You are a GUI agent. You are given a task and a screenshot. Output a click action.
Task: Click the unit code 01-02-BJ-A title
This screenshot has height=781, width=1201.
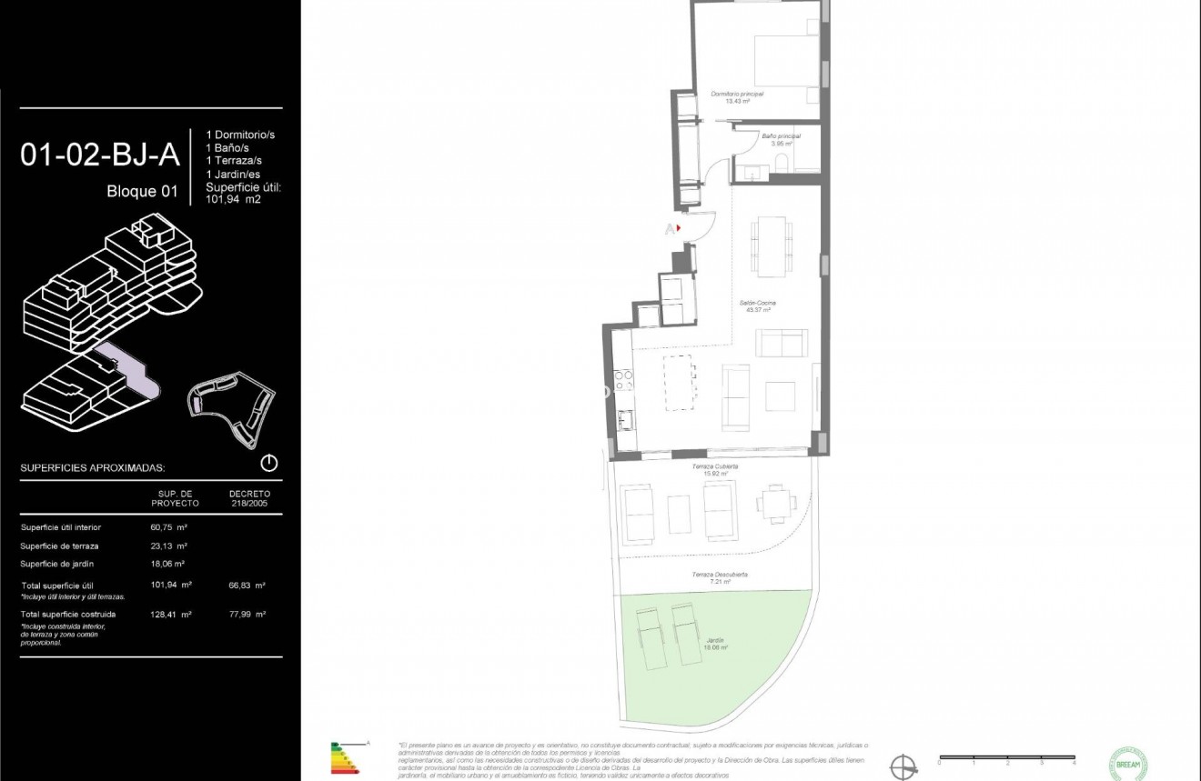click(x=100, y=155)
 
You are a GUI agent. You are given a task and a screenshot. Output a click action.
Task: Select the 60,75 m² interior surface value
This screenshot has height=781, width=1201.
click(x=168, y=527)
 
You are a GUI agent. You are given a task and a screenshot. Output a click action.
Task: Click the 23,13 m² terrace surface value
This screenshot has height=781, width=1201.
click(x=168, y=546)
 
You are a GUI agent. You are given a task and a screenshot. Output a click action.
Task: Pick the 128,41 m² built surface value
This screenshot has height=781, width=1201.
click(x=170, y=615)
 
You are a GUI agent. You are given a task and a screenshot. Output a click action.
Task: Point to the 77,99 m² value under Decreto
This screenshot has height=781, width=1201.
click(x=247, y=615)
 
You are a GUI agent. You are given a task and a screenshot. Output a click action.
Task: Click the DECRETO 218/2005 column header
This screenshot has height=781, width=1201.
click(x=249, y=498)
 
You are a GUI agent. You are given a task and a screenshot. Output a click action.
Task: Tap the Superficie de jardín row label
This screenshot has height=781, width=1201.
click(x=59, y=565)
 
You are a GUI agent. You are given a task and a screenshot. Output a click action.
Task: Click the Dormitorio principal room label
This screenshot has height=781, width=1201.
click(x=737, y=95)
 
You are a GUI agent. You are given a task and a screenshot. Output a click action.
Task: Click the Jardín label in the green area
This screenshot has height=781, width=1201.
click(x=715, y=643)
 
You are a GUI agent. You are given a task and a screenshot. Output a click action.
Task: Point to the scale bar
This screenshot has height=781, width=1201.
click(x=1007, y=756)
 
